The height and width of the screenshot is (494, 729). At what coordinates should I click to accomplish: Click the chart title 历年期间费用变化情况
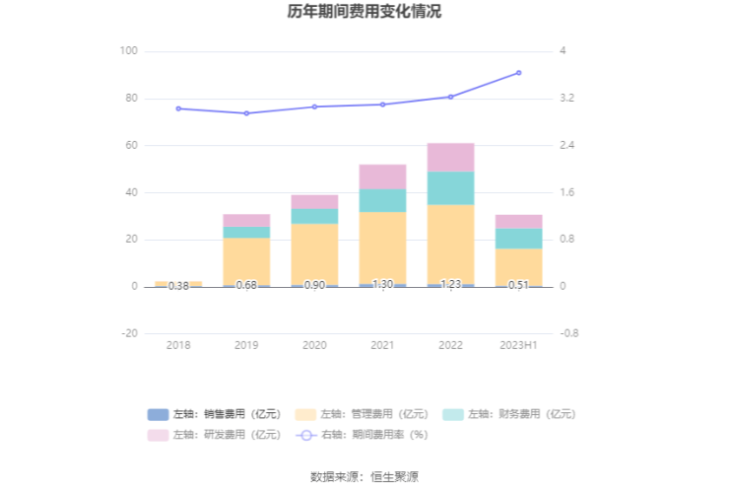pyautogui.click(x=364, y=13)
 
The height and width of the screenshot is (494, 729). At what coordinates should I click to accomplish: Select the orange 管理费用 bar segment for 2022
pyautogui.click(x=450, y=244)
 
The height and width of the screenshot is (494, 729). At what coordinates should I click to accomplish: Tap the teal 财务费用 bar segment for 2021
pyautogui.click(x=382, y=200)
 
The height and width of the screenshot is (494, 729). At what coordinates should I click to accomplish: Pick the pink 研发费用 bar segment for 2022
pyautogui.click(x=450, y=157)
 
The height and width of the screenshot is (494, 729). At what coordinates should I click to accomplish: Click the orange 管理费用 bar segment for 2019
pyautogui.click(x=246, y=261)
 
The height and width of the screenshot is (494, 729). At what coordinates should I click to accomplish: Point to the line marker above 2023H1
pyautogui.click(x=518, y=73)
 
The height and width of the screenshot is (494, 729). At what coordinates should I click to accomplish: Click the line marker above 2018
pyautogui.click(x=178, y=108)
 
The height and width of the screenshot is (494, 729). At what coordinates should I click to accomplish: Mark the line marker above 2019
pyautogui.click(x=246, y=113)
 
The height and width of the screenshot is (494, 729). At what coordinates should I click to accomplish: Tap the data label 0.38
pyautogui.click(x=178, y=286)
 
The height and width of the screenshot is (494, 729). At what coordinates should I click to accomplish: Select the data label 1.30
pyautogui.click(x=382, y=285)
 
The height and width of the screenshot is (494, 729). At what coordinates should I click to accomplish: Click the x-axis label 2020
pyautogui.click(x=314, y=346)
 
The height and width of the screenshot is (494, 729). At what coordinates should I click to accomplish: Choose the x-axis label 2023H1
pyautogui.click(x=518, y=346)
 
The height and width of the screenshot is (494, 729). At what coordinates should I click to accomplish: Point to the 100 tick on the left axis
pyautogui.click(x=128, y=51)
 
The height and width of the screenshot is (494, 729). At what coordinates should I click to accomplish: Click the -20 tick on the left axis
pyautogui.click(x=129, y=333)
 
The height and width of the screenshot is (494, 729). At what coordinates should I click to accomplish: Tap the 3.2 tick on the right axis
pyautogui.click(x=567, y=99)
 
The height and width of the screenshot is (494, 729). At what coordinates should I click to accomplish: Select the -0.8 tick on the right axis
pyautogui.click(x=569, y=333)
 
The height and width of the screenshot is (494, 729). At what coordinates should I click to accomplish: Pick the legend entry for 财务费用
pyautogui.click(x=509, y=414)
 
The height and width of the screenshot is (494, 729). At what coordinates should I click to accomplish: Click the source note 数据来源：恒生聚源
pyautogui.click(x=364, y=476)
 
